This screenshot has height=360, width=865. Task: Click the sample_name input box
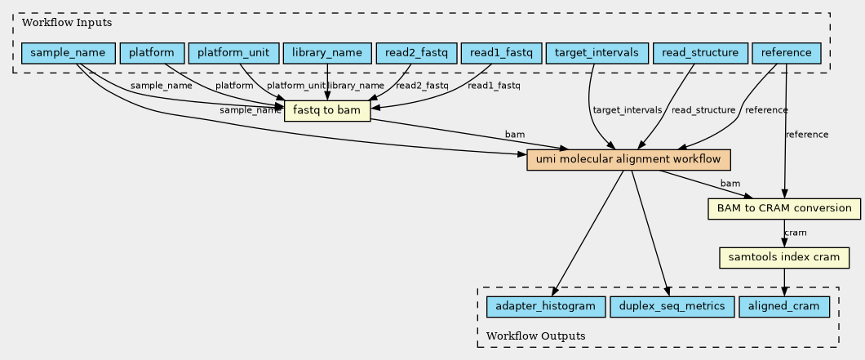click(68, 53)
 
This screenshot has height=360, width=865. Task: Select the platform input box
click(152, 53)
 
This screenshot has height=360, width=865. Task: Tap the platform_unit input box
click(233, 53)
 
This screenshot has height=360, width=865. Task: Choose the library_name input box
click(327, 53)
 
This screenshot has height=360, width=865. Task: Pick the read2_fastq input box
click(416, 53)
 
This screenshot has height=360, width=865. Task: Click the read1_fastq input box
click(501, 53)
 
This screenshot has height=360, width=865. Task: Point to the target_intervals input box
click(597, 53)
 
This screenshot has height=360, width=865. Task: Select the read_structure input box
click(700, 53)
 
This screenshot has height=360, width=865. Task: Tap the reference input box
click(787, 53)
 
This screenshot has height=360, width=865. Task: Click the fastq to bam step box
click(327, 110)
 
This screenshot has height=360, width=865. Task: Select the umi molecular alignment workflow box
click(629, 159)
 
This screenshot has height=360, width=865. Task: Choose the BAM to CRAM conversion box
click(784, 209)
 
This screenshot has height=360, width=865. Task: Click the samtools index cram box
click(784, 257)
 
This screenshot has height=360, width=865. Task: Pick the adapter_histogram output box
click(546, 306)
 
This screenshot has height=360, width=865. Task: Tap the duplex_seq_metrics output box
click(672, 306)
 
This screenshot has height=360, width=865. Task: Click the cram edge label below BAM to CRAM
click(795, 233)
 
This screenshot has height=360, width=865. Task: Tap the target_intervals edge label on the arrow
click(627, 110)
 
